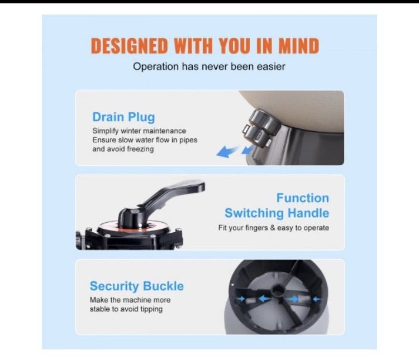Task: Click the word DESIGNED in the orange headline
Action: tap(130, 46)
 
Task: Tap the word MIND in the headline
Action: tap(299, 46)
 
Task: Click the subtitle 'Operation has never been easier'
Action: tap(209, 67)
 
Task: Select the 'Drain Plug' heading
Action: tap(123, 117)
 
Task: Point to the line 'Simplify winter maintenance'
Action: tap(139, 131)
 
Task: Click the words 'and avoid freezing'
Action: tap(123, 149)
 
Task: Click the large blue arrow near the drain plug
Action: tap(227, 152)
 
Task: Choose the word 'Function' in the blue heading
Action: tap(303, 198)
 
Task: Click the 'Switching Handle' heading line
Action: tap(277, 213)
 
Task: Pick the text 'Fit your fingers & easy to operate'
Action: tap(274, 228)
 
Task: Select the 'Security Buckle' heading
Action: tap(136, 286)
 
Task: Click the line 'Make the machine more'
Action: tap(130, 300)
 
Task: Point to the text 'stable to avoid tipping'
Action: tap(126, 309)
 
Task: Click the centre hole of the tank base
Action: tap(278, 289)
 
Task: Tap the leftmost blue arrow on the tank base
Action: tap(240, 299)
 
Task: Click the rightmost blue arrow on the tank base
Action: tap(317, 299)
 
